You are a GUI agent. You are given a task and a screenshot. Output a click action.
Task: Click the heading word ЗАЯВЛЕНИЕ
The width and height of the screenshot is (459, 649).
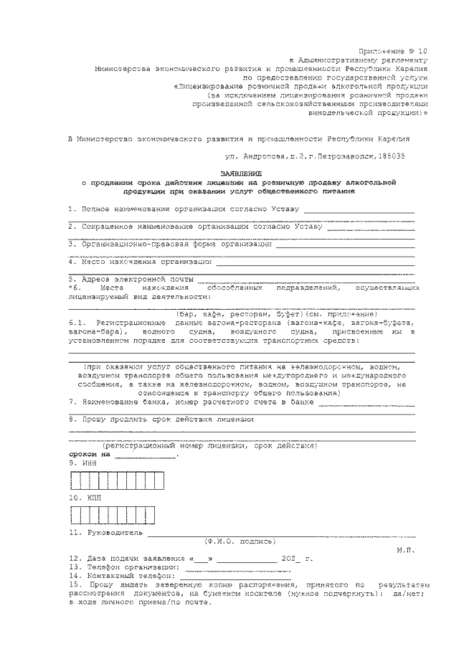pos(241,174)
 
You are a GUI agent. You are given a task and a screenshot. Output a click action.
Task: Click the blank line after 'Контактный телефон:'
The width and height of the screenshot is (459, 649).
pos(234,576)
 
